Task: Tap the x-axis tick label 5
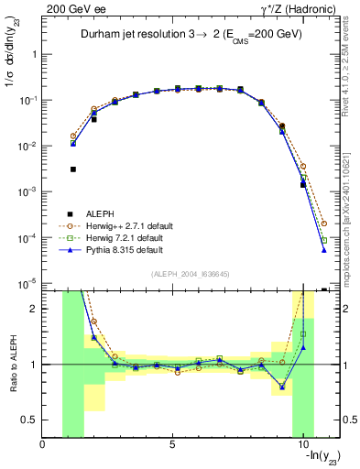click(x=172, y=446)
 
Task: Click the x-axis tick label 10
click(x=302, y=446)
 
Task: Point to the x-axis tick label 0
click(x=43, y=446)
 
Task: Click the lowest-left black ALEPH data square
click(x=73, y=169)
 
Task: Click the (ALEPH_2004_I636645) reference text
click(x=191, y=274)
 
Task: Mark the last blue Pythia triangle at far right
click(x=324, y=250)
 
